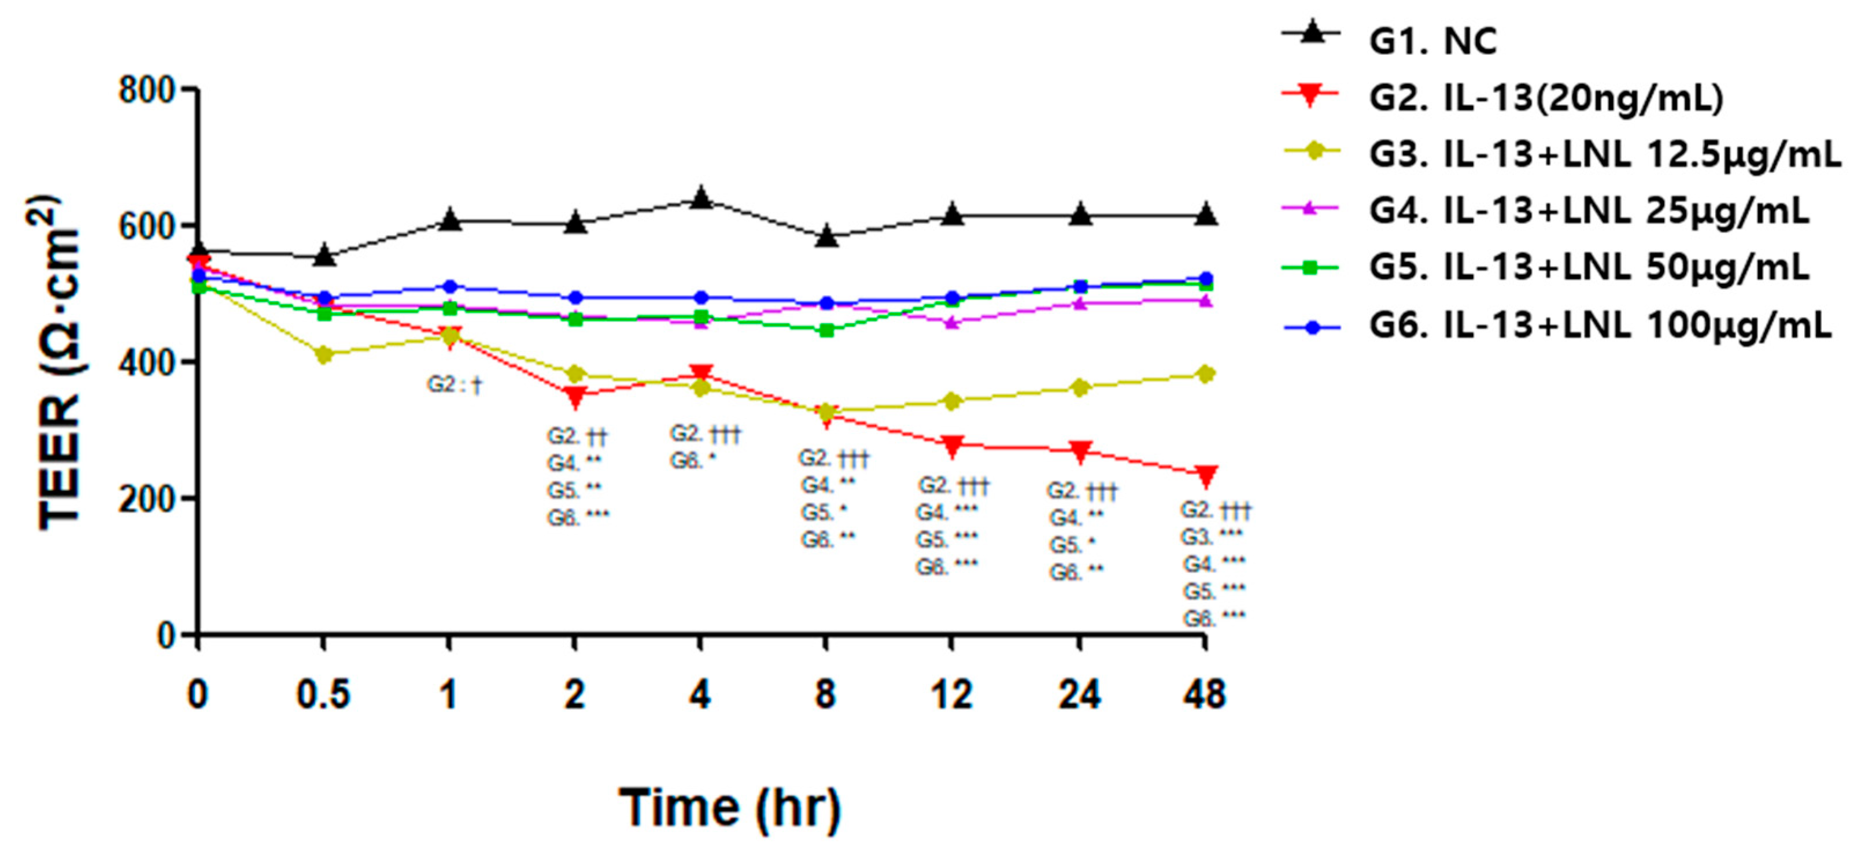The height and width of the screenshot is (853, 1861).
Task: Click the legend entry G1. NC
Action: click(1430, 40)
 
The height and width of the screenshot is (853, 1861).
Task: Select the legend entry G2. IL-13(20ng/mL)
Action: click(1546, 98)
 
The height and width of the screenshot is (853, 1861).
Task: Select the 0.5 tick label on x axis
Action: click(323, 695)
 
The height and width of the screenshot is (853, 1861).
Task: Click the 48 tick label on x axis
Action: click(1203, 695)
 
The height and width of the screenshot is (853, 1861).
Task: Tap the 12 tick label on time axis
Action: click(951, 695)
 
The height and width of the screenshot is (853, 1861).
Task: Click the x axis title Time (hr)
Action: click(730, 807)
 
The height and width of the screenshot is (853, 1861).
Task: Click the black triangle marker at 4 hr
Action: click(700, 197)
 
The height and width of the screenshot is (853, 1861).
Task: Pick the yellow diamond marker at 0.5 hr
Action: click(324, 355)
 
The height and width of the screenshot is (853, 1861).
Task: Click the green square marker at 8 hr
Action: click(826, 331)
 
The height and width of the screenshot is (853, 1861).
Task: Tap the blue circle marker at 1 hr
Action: click(449, 287)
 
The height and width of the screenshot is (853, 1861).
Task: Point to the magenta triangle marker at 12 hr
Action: click(951, 322)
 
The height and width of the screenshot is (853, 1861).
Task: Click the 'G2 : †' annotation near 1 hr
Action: click(454, 385)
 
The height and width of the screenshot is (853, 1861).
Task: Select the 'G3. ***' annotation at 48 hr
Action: click(1212, 537)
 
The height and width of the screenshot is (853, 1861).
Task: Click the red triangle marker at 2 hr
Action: click(575, 395)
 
